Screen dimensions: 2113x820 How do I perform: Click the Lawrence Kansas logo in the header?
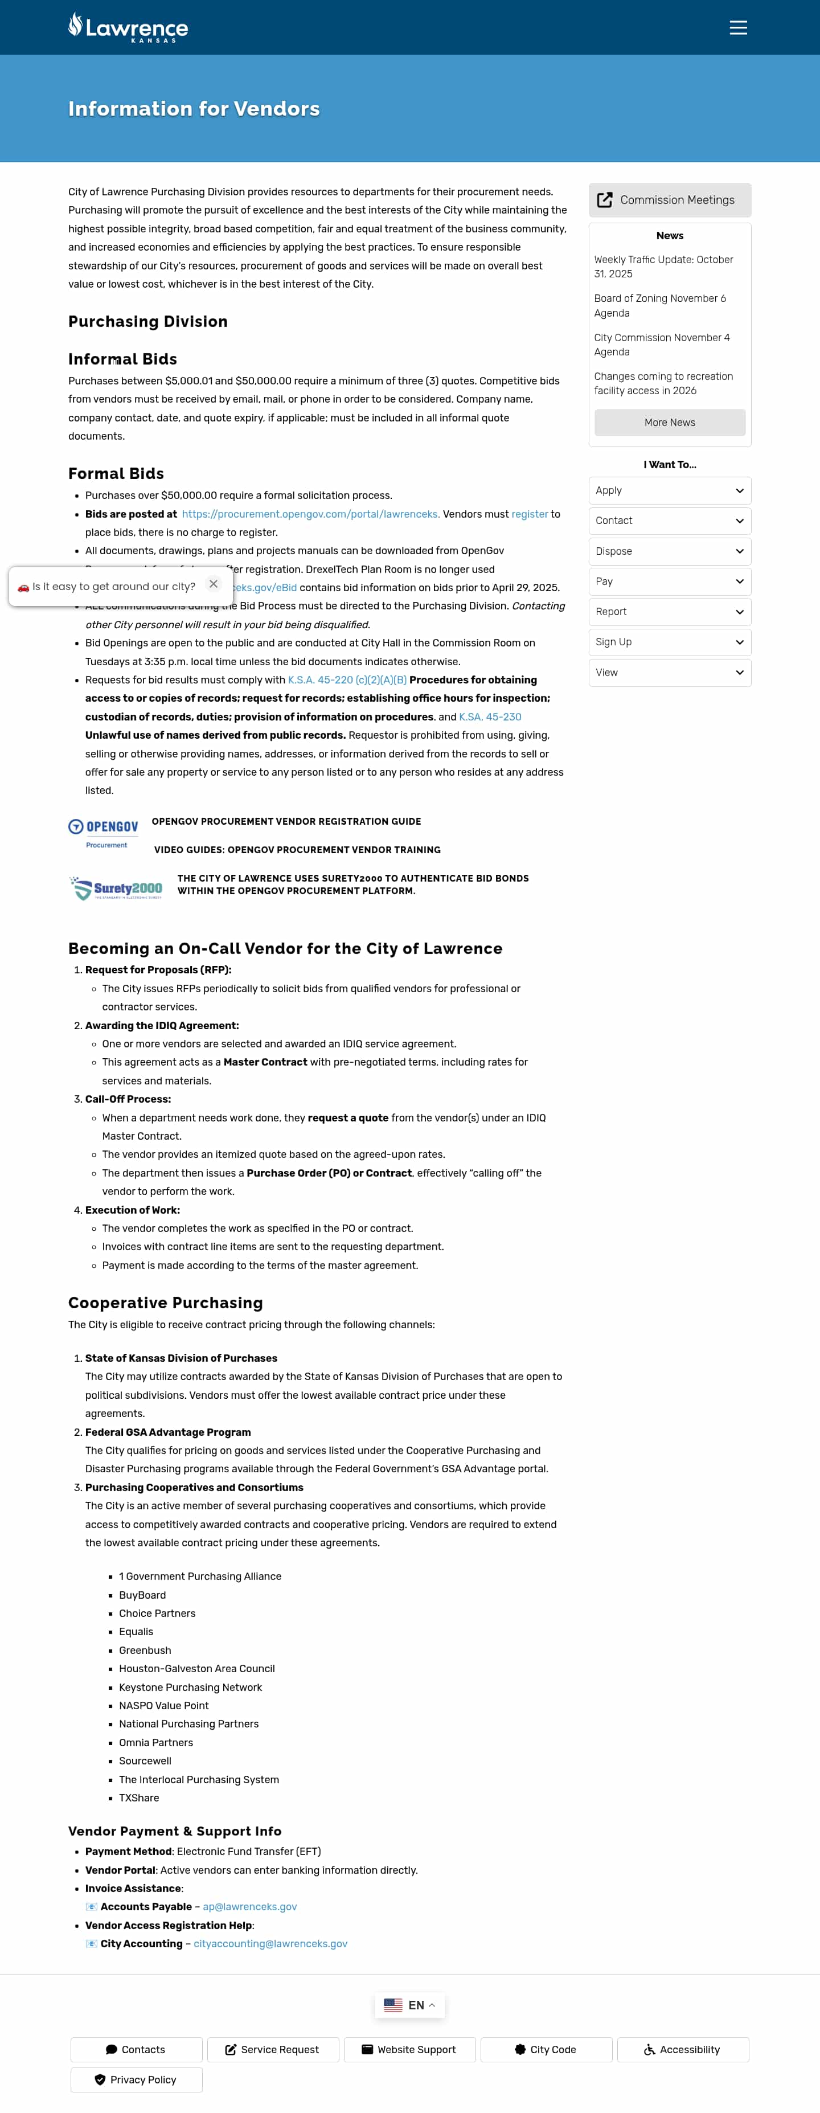point(128,27)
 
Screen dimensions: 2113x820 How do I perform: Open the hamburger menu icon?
point(738,28)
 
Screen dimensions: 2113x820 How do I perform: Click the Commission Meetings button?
point(669,200)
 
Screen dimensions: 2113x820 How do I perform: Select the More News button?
point(669,423)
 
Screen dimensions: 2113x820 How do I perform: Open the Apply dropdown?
point(669,490)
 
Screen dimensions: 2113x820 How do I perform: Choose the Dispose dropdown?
point(669,551)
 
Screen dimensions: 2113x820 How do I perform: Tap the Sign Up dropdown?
point(669,642)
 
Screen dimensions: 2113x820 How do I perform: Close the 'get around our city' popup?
point(213,584)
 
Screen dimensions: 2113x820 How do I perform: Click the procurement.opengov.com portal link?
point(310,514)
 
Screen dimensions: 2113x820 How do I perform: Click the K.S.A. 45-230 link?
point(490,717)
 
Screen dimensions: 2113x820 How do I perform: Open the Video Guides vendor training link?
point(297,850)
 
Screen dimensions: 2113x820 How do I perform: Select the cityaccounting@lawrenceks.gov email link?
point(270,1944)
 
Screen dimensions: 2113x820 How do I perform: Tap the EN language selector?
point(409,2005)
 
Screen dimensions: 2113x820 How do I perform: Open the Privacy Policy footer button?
point(136,2080)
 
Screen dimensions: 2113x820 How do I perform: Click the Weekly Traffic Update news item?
point(663,267)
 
